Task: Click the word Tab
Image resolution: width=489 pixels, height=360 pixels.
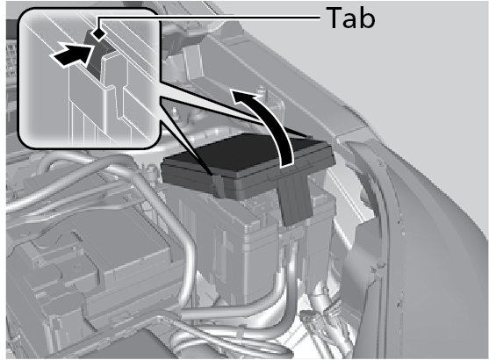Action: tap(350, 18)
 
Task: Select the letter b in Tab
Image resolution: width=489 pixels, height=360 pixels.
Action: tap(367, 18)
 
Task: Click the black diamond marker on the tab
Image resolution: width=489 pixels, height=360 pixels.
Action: tap(99, 33)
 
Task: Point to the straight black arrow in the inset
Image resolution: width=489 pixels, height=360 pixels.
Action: tap(72, 55)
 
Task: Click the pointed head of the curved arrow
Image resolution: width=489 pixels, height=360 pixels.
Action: tap(241, 95)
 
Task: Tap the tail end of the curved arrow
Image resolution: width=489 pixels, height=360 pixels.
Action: tap(288, 164)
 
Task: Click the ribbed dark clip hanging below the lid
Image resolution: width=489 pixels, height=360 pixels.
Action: tap(295, 198)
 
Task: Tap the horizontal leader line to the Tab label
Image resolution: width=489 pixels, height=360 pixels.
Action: tap(210, 19)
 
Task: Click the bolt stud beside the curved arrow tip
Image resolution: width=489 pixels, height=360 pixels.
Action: tap(262, 90)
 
